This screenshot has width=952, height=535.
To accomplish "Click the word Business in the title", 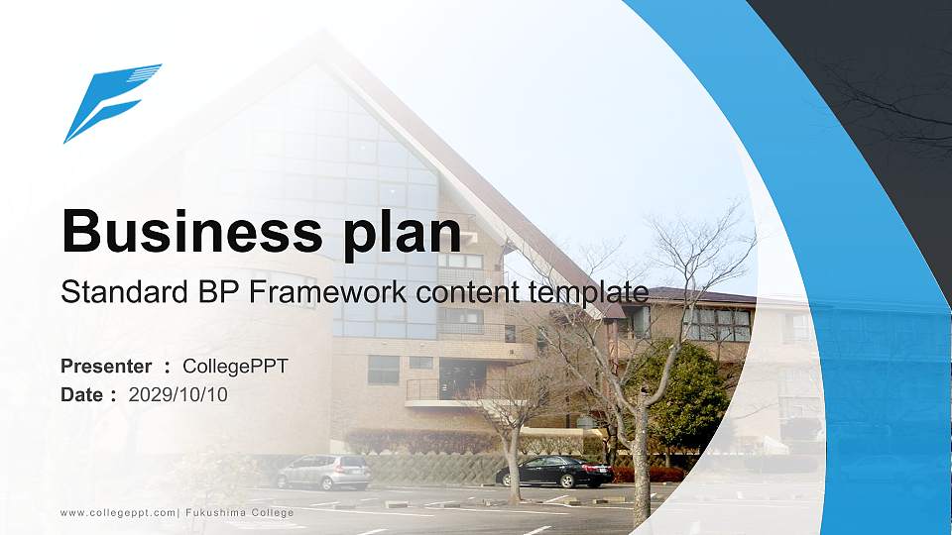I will point(185,232).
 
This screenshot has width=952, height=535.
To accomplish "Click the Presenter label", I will point(106,367).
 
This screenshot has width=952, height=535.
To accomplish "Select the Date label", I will point(82,395).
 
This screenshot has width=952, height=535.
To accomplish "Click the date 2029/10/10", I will point(178,395).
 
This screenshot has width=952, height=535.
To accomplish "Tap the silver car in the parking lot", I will point(323,472).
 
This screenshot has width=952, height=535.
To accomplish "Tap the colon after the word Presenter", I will point(168,368).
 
